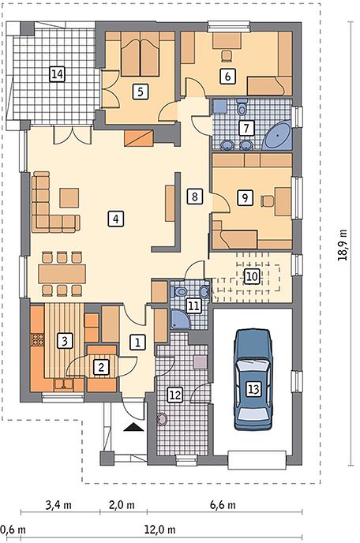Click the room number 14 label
(58, 74)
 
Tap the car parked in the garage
(253, 380)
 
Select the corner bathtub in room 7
(277, 136)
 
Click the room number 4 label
(115, 219)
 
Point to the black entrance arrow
(133, 427)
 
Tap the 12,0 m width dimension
(159, 529)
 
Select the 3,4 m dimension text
(58, 504)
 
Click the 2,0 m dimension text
(122, 504)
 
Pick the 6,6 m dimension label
(223, 504)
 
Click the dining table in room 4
(62, 274)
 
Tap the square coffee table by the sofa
(69, 198)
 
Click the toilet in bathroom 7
(242, 107)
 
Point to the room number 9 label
(245, 198)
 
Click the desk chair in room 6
(227, 56)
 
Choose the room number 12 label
(175, 395)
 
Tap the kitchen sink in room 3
(63, 384)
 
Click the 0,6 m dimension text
(13, 529)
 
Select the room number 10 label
(252, 276)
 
